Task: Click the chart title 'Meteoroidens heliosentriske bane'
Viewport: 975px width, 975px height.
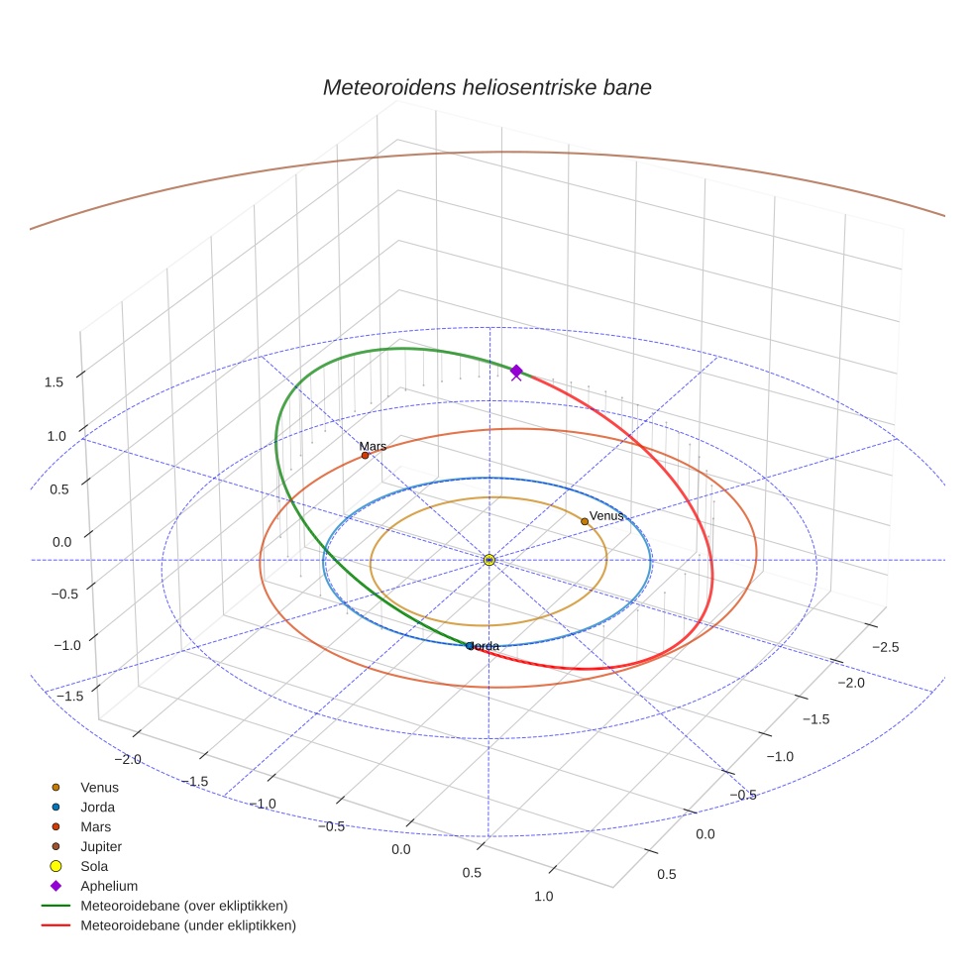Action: click(x=487, y=87)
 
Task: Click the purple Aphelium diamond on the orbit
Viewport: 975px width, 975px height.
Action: click(x=516, y=370)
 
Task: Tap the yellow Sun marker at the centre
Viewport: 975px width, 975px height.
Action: click(x=488, y=560)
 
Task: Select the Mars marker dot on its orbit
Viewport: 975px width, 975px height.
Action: click(x=365, y=456)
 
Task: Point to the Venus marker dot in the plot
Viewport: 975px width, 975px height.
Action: click(x=585, y=521)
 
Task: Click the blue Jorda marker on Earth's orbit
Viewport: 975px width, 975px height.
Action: click(x=470, y=646)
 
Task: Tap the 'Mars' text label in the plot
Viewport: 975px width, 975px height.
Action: click(x=373, y=447)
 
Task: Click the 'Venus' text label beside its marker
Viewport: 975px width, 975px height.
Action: click(x=606, y=516)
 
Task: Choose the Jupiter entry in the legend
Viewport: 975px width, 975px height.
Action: click(x=100, y=846)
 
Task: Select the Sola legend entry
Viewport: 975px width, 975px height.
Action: click(x=94, y=866)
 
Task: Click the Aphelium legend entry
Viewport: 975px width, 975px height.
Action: click(x=108, y=886)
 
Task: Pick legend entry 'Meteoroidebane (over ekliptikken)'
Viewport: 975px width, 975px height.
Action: click(x=183, y=906)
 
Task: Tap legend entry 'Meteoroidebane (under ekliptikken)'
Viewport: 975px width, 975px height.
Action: click(x=187, y=925)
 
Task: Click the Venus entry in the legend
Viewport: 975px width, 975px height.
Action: click(x=99, y=787)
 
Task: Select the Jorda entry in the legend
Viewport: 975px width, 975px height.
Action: click(x=97, y=807)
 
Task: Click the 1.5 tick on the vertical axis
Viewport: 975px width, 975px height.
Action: click(x=54, y=381)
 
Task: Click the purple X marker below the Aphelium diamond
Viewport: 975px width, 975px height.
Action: click(x=515, y=376)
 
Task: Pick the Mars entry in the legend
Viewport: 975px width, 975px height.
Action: click(x=95, y=826)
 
